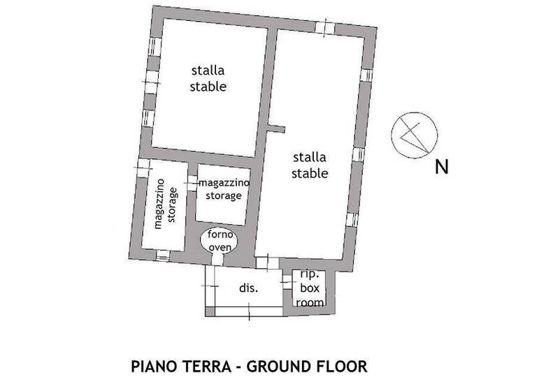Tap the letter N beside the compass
pyautogui.click(x=441, y=168)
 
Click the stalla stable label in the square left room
pyautogui.click(x=208, y=78)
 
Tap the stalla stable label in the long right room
pyautogui.click(x=310, y=165)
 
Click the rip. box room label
pyautogui.click(x=308, y=288)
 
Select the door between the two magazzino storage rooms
pyautogui.click(x=192, y=183)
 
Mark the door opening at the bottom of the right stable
pyautogui.click(x=262, y=263)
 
